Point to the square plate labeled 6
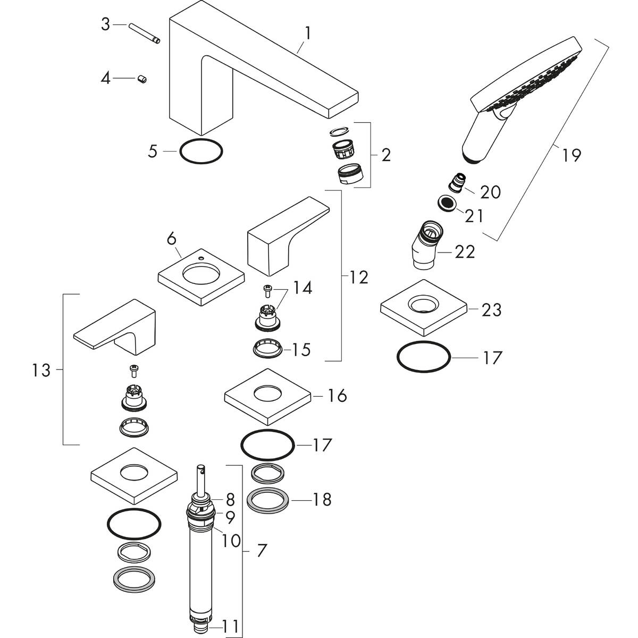(201, 278)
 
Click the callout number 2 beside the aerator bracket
(386, 155)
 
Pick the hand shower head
(524, 93)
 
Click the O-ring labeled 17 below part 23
(424, 357)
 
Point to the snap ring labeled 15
(267, 349)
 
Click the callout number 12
(359, 277)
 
